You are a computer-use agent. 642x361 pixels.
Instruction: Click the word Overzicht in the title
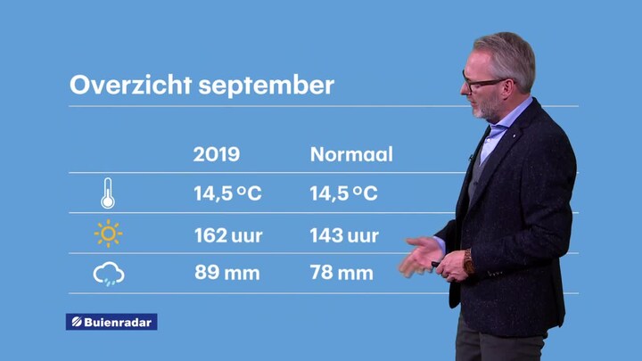tap(130, 85)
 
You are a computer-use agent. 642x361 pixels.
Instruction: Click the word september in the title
tap(267, 86)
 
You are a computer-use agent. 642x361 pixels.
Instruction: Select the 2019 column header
tap(216, 154)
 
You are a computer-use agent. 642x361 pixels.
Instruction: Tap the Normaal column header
tap(351, 154)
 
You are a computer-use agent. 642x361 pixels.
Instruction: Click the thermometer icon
tap(108, 193)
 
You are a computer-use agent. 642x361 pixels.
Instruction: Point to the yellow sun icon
tap(108, 234)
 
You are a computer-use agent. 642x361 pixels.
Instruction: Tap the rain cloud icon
tap(109, 274)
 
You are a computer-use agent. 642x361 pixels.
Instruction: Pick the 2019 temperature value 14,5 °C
tap(227, 193)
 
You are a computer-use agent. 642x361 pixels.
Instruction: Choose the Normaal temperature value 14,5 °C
tap(343, 193)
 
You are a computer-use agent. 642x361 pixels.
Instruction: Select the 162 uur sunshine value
tap(228, 235)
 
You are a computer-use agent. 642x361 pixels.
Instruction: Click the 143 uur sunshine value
tap(344, 235)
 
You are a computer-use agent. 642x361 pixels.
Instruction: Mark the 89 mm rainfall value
tap(226, 273)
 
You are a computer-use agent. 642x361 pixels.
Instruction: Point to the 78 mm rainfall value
tap(342, 273)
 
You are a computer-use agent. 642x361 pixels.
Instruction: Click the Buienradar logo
tap(111, 322)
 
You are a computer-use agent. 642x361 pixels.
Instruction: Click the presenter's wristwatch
tap(469, 262)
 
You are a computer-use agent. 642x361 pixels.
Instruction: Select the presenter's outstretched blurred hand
tap(420, 257)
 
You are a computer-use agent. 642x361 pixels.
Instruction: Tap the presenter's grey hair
tap(510, 57)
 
